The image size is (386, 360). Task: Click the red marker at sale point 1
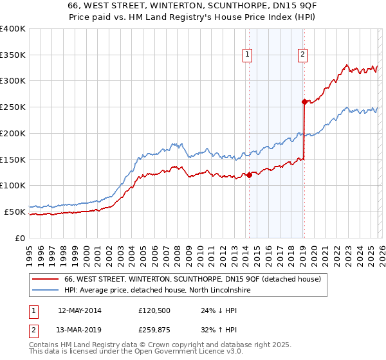pyautogui.click(x=249, y=175)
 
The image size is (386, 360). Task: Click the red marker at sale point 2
pyautogui.click(x=304, y=102)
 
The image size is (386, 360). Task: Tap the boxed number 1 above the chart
pyautogui.click(x=248, y=55)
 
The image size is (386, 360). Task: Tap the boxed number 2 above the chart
pyautogui.click(x=302, y=55)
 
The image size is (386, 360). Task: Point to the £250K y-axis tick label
pyautogui.click(x=12, y=107)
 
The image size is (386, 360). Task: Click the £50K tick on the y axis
pyautogui.click(x=15, y=212)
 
